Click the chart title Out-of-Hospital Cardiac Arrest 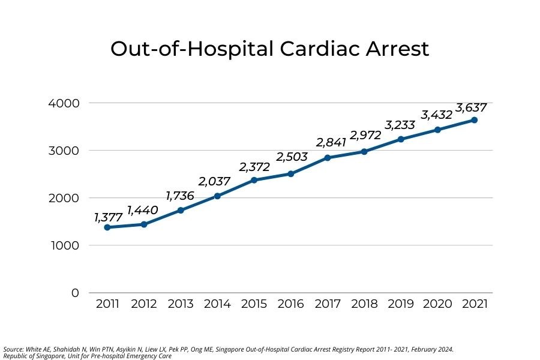(x=269, y=49)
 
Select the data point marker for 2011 (x=107, y=227)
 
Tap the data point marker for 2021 (x=474, y=120)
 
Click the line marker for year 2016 (x=290, y=174)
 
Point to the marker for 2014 (x=217, y=196)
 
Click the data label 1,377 (x=109, y=217)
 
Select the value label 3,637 (x=471, y=108)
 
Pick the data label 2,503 (x=292, y=157)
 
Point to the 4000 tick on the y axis (x=63, y=103)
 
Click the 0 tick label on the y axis (x=74, y=293)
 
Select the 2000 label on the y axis (x=63, y=198)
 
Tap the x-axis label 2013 (x=181, y=304)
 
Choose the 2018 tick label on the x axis (x=364, y=304)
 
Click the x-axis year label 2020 (x=437, y=304)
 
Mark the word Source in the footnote (x=13, y=349)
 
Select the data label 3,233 (x=400, y=125)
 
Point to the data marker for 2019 (x=401, y=139)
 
